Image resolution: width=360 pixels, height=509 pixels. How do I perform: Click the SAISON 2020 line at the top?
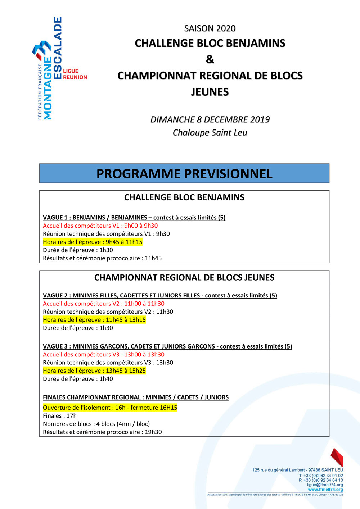point(210,28)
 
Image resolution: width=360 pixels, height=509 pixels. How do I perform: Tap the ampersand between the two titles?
point(210,59)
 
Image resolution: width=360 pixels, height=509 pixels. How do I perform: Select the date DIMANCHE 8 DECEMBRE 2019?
point(210,119)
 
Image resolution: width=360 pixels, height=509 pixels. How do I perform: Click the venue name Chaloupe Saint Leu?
point(210,133)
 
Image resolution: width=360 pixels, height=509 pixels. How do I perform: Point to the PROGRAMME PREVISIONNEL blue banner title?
point(184,174)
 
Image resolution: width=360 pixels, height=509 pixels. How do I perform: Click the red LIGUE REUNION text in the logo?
point(75,74)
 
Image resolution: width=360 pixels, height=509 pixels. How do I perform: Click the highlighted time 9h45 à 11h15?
point(124,242)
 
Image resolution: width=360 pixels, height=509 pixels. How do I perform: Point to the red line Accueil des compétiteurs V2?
point(103,304)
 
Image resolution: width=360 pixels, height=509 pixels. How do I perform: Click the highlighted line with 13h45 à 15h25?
point(94,371)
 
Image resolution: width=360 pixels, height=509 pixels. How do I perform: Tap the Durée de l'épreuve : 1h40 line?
point(78,379)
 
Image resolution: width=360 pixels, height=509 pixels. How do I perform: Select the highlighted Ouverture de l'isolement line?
point(110,408)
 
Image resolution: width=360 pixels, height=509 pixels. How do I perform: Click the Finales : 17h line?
point(60,416)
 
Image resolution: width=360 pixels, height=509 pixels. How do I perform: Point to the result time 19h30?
point(153,432)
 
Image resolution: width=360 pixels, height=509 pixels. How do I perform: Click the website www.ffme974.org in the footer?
point(325,490)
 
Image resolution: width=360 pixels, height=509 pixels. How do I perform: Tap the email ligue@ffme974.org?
point(325,485)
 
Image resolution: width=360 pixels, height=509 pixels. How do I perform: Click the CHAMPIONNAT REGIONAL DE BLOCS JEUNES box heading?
point(184,278)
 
